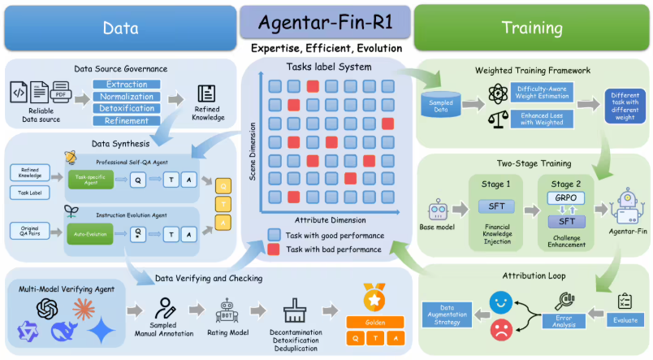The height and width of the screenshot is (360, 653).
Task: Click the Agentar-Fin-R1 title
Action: click(x=326, y=23)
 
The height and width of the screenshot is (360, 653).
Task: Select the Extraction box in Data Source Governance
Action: click(x=126, y=84)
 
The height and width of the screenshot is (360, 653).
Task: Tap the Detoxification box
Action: click(x=126, y=108)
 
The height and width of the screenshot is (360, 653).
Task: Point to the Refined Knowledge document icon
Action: click(x=206, y=94)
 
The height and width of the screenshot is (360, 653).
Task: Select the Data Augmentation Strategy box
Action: click(x=452, y=315)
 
